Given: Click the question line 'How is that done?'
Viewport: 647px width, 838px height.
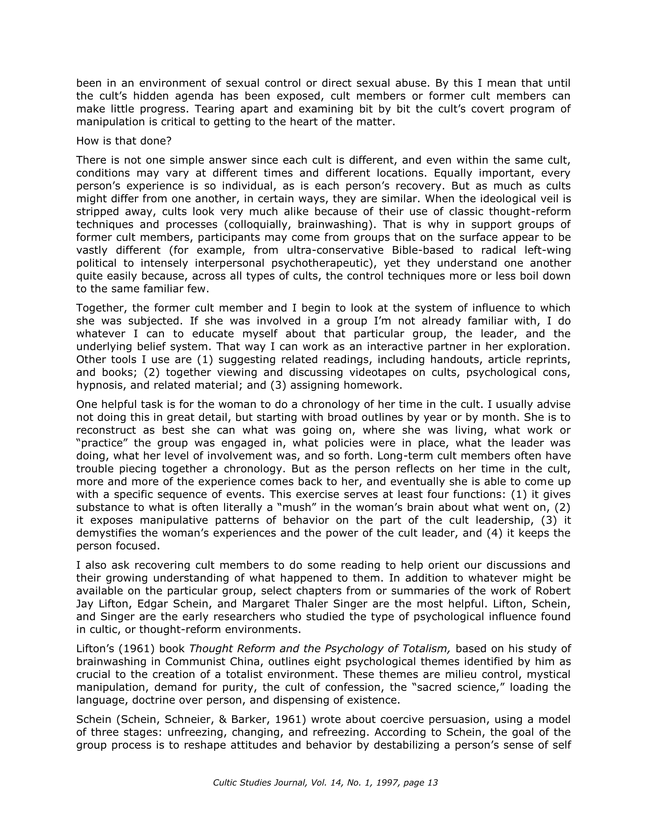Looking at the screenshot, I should pyautogui.click(x=124, y=141).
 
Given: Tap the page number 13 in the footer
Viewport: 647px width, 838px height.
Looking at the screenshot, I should pyautogui.click(x=432, y=783).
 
